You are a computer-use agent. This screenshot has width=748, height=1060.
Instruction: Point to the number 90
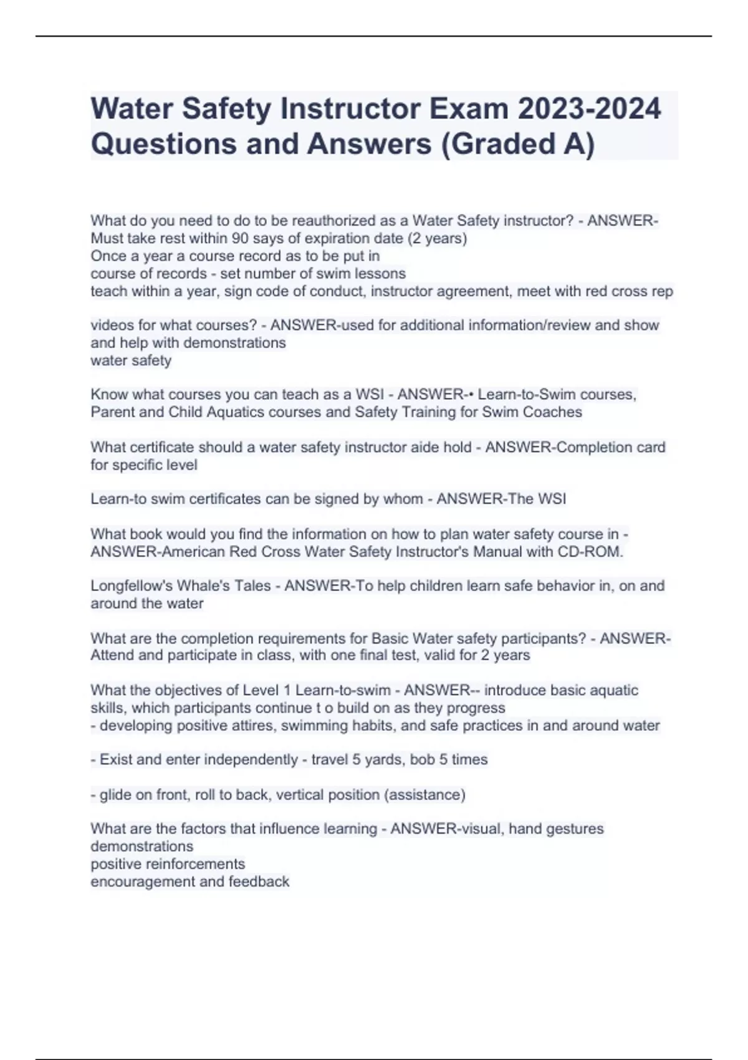click(240, 238)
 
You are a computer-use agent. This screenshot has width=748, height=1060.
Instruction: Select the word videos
click(111, 325)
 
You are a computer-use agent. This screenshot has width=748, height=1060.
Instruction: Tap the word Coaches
click(552, 412)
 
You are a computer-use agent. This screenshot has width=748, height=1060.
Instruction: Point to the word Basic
click(390, 638)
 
